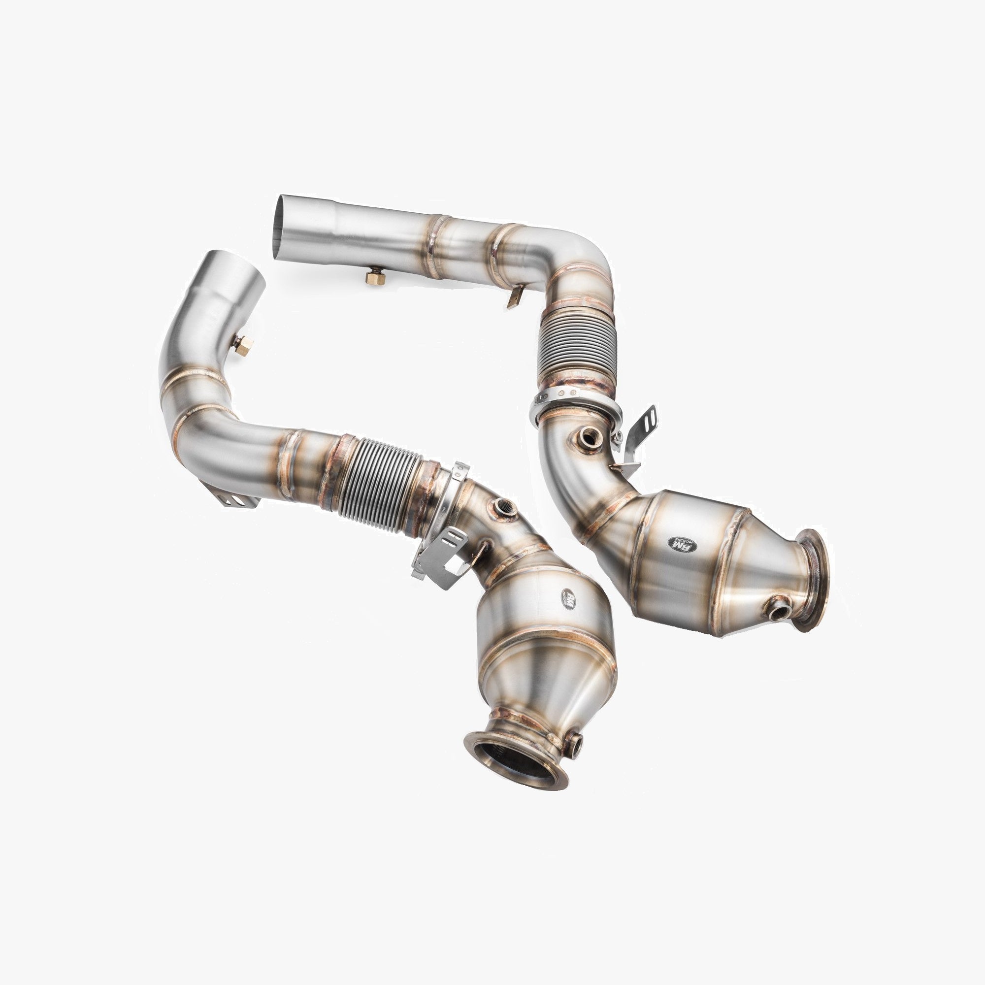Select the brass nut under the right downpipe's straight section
click(375, 276)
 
